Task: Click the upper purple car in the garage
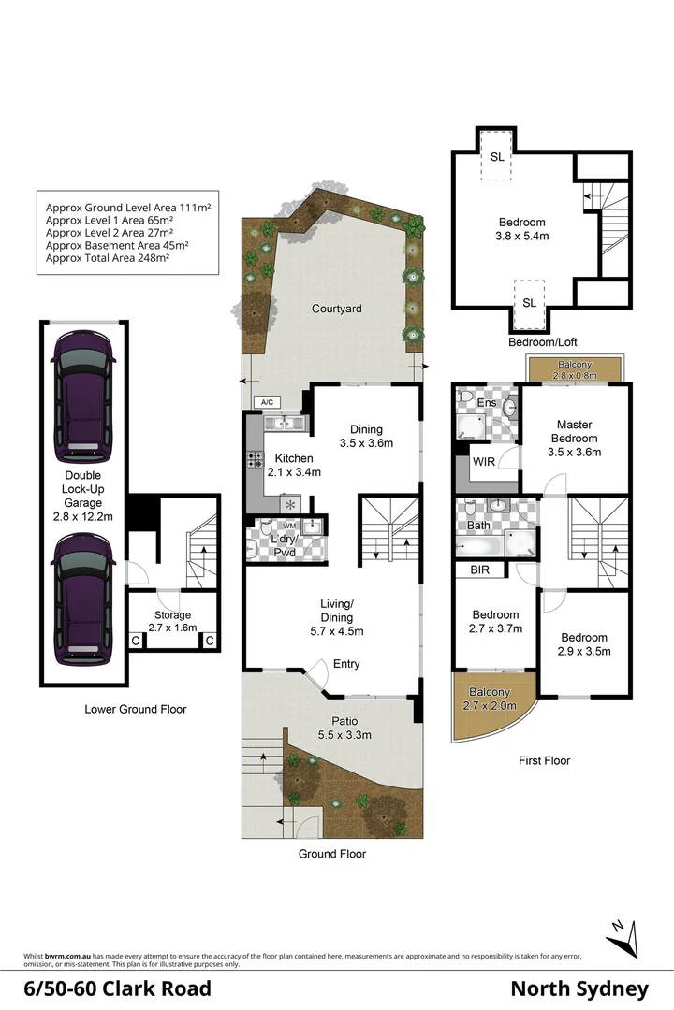(x=83, y=397)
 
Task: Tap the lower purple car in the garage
(x=83, y=599)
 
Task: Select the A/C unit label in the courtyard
(x=268, y=402)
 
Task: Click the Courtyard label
(x=337, y=309)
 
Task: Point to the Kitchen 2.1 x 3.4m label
(x=294, y=465)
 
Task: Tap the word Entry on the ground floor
(x=346, y=664)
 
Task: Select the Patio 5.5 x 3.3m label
(x=344, y=728)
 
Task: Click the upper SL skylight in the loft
(x=497, y=156)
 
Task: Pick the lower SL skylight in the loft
(x=530, y=303)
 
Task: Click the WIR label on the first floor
(x=484, y=462)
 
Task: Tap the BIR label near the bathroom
(x=480, y=570)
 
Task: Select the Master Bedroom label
(x=574, y=439)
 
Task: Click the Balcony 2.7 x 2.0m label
(x=490, y=699)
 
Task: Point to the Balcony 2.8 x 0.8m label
(x=575, y=369)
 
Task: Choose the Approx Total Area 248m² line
(x=108, y=258)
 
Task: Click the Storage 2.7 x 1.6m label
(x=173, y=622)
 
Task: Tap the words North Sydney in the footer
(x=579, y=989)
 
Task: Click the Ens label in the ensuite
(x=487, y=403)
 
